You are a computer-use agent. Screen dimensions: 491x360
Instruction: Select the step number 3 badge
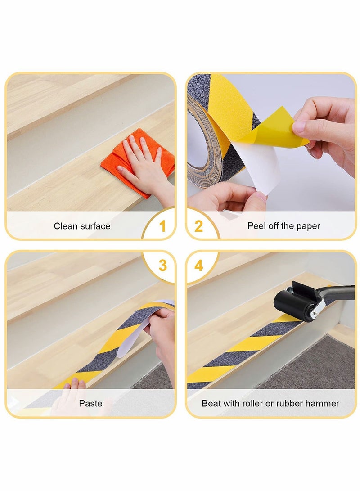[x=162, y=266]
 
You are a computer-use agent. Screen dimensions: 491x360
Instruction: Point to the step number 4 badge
[x=198, y=266]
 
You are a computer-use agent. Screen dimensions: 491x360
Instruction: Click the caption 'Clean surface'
[x=82, y=226]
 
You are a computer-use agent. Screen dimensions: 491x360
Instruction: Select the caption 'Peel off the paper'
[x=283, y=226]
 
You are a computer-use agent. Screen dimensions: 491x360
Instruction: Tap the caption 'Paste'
[x=90, y=403]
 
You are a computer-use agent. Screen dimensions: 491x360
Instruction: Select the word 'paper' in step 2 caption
[x=309, y=226]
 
